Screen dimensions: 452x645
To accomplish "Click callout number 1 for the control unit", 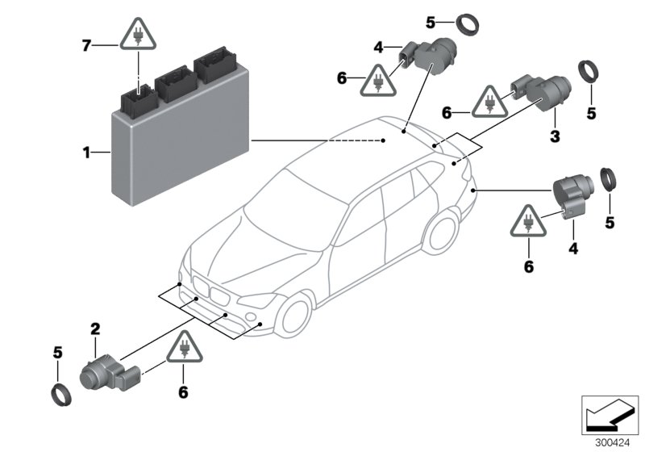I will click(86, 150).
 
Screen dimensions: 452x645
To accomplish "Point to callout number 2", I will click(95, 329).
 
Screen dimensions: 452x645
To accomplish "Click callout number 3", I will click(555, 137).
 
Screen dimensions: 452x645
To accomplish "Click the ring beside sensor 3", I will click(589, 73).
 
